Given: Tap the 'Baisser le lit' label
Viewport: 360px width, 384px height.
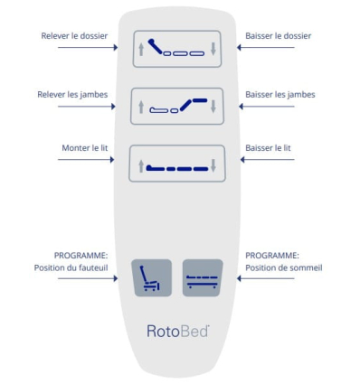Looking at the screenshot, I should [269, 148].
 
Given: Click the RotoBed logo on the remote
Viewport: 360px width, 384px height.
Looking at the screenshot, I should [177, 330].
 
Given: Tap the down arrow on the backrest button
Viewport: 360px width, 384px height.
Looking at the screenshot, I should [213, 49].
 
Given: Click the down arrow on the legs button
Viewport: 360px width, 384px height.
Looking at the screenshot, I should [213, 107].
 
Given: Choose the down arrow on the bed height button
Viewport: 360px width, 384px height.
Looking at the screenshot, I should [213, 166].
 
